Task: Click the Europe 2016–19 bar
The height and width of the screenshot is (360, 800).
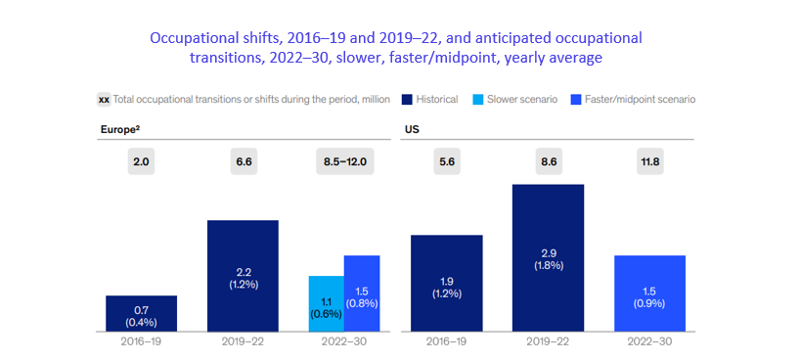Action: coord(142,313)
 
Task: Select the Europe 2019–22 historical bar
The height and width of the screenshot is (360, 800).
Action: coord(243,276)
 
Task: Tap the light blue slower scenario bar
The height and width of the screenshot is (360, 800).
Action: coord(327,304)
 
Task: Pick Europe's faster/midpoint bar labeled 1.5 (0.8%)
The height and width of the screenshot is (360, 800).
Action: coord(362,293)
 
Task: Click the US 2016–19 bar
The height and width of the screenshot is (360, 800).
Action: coord(446,284)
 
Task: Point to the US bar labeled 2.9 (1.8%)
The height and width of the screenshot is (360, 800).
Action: coord(548,258)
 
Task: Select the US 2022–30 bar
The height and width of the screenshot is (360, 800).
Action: coord(649,293)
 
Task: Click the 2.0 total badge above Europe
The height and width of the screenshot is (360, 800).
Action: coord(142,162)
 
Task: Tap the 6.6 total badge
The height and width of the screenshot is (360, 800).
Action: coord(243,162)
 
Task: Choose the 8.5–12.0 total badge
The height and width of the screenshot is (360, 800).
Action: coord(345,162)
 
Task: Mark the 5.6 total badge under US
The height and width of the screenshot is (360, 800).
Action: coord(446,162)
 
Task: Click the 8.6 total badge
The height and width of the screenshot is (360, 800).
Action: coord(548,162)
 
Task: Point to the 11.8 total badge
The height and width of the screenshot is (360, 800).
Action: coord(649,162)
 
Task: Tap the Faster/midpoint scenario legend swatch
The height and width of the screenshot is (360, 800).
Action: coord(575,99)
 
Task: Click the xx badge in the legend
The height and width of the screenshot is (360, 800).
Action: coord(104,100)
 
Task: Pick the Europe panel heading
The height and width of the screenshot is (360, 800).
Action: coord(120,130)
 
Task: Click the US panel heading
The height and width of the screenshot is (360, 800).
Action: coord(412,130)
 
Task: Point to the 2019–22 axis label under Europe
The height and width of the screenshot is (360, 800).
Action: coord(243,341)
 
